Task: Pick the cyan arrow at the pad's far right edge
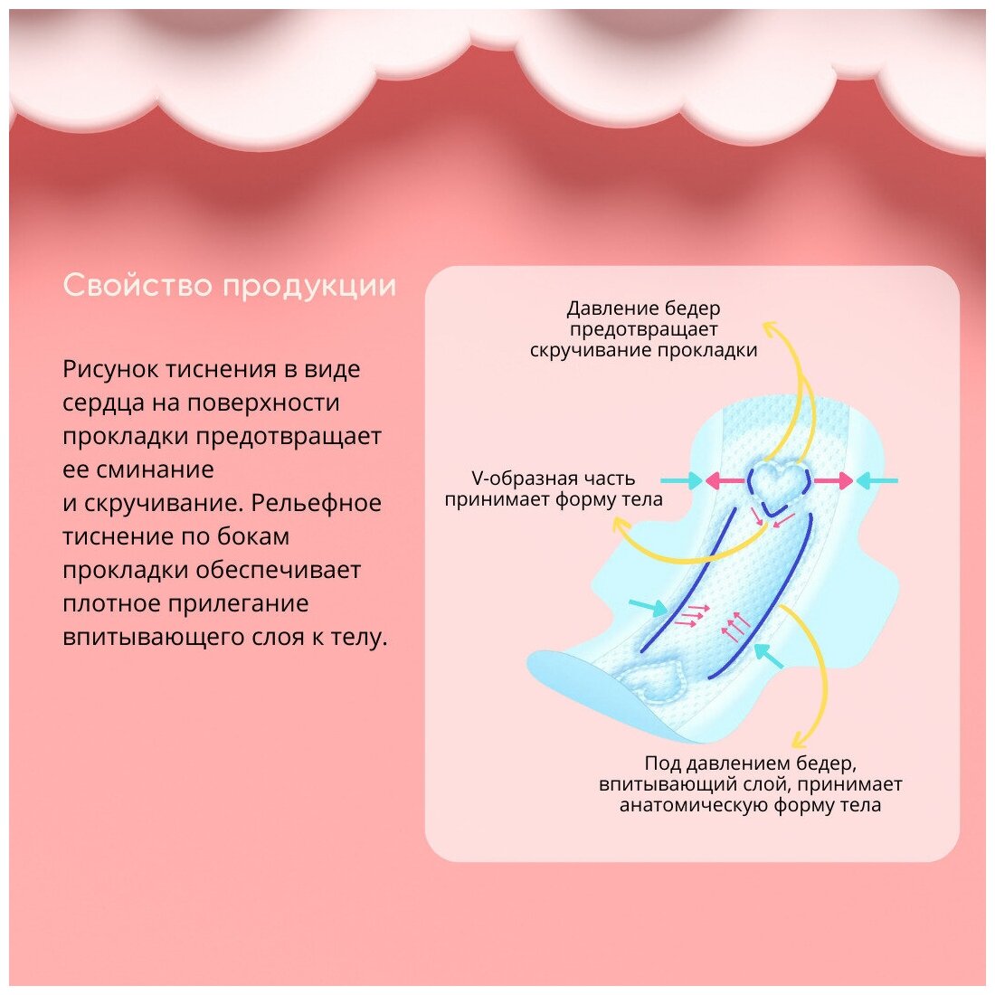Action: coord(877,480)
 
